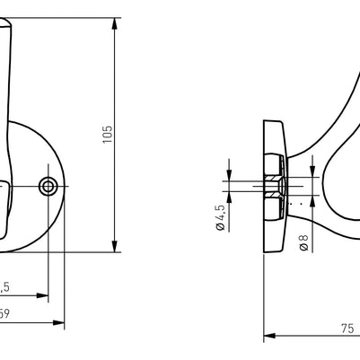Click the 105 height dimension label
coord(107,135)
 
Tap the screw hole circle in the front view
coord(48,186)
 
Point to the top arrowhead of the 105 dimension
coord(116,22)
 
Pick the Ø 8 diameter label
coord(303,242)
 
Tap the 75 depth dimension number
coord(347,329)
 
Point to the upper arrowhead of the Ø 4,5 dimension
coord(230,175)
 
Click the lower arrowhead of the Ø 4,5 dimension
coord(230,199)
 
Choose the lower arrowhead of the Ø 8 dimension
coord(315,204)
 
